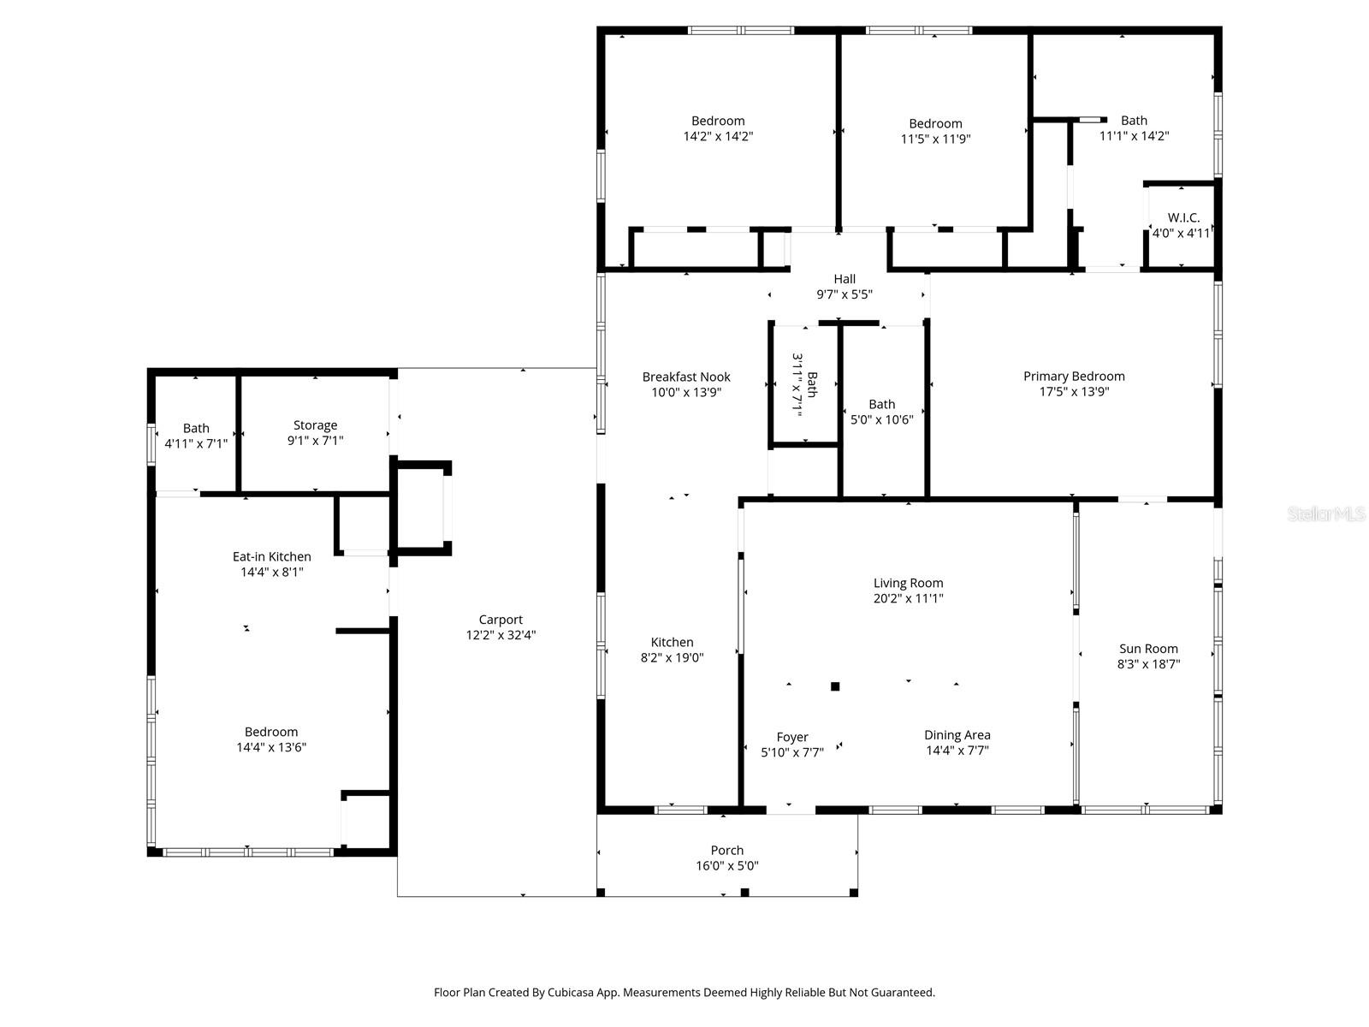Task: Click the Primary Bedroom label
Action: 1074,377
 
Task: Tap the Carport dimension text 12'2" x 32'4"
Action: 501,635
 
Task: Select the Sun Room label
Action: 1148,649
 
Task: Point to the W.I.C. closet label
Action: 1183,218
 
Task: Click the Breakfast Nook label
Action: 686,377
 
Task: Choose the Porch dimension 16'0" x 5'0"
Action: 726,865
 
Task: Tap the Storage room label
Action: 315,425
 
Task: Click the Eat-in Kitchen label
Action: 271,556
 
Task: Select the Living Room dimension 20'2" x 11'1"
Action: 908,599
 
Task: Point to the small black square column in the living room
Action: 835,686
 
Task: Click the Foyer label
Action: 792,737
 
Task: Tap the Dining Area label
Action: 957,735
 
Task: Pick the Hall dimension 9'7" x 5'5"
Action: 844,294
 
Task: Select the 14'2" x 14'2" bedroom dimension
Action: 718,136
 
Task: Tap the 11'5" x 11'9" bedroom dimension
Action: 935,139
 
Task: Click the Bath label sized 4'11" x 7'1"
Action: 196,428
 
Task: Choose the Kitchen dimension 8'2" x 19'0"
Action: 672,657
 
